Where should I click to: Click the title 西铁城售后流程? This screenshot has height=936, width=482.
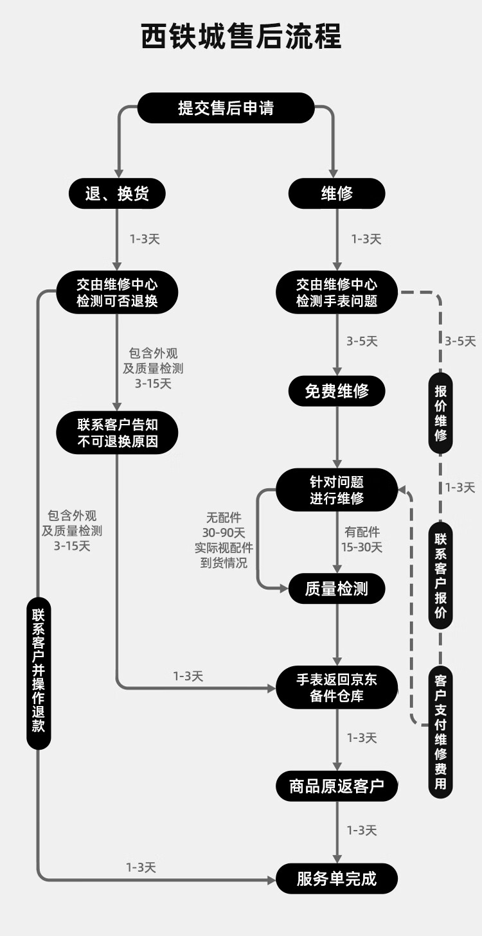tap(241, 37)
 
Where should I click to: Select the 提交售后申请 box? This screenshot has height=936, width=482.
tap(226, 108)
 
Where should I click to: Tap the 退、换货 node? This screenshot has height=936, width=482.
tap(117, 193)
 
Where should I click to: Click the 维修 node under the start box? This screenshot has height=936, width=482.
tap(337, 193)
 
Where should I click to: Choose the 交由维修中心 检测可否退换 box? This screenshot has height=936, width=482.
tap(117, 292)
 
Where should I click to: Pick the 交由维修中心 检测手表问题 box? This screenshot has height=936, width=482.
tap(337, 292)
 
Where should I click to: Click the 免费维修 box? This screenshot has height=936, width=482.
tap(337, 391)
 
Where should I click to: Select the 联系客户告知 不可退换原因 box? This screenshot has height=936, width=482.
tap(117, 433)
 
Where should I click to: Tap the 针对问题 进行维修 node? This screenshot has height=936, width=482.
tap(337, 490)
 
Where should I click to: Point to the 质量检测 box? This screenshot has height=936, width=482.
tap(337, 588)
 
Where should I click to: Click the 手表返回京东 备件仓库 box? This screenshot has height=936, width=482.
tap(337, 687)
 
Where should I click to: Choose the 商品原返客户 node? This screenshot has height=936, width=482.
tap(337, 786)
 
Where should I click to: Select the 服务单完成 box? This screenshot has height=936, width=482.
tap(337, 879)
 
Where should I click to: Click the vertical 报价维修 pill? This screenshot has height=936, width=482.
tap(441, 412)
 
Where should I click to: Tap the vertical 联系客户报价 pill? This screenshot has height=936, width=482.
tap(441, 575)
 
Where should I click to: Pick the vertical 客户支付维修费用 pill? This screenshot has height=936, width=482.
tap(441, 732)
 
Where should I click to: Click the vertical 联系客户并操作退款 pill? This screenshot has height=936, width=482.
tap(39, 673)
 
